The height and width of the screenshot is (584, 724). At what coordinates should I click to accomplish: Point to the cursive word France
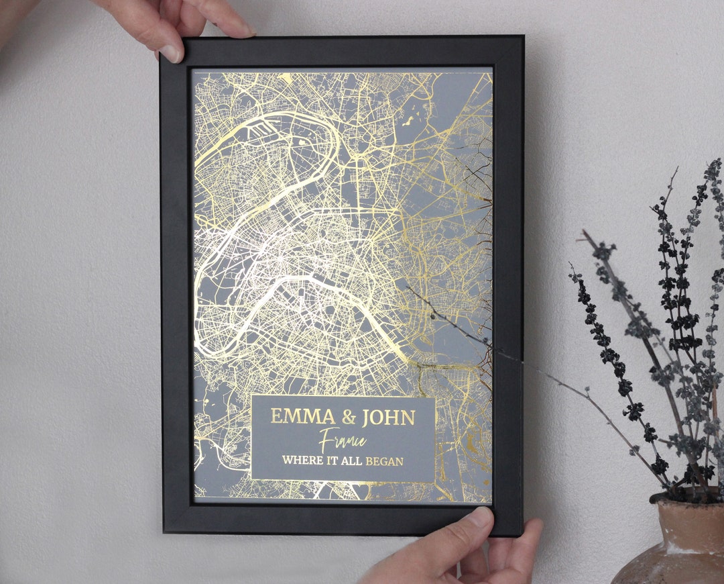coord(343,440)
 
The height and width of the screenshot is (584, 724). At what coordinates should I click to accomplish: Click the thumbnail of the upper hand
coord(170,53)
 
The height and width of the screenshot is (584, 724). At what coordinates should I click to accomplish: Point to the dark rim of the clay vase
coord(684,497)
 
